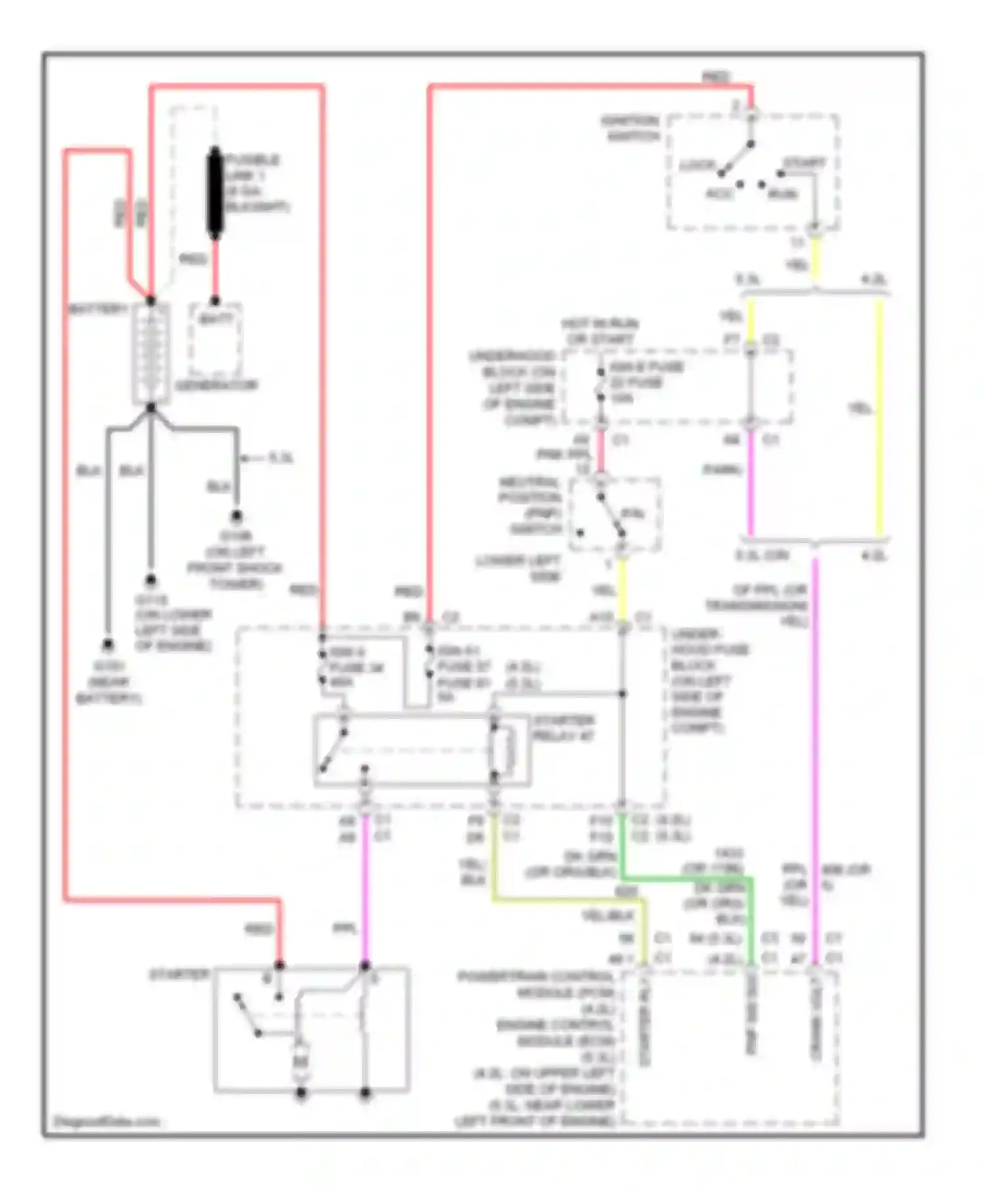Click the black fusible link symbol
(215, 193)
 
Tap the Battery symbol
(151, 354)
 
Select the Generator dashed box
(215, 340)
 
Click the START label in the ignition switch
(804, 163)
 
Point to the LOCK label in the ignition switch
(697, 165)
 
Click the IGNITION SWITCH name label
(630, 129)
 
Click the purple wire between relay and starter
(365, 892)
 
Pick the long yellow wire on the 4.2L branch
(880, 420)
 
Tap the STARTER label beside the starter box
(179, 975)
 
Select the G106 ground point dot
(236, 516)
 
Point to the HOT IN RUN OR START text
(600, 331)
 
